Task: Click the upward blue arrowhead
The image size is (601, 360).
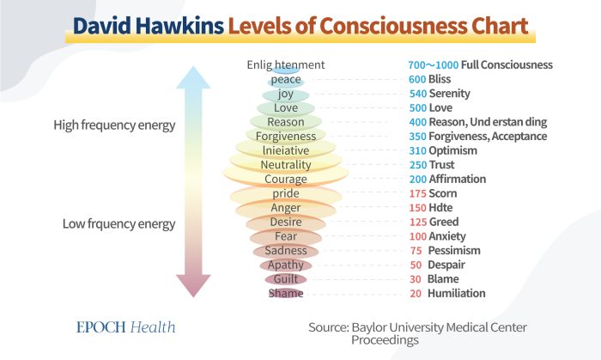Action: point(193,77)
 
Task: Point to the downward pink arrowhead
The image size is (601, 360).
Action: point(193,285)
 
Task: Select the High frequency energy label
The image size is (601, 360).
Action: point(114,125)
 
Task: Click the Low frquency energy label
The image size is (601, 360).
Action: point(118,224)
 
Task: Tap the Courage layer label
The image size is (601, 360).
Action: point(286,179)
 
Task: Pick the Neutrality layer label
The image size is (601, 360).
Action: point(286,165)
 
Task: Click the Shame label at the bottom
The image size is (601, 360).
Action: point(286,293)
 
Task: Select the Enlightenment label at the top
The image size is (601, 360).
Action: point(286,64)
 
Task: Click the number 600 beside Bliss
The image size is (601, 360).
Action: point(417,79)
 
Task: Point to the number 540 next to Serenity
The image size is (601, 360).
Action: point(418,94)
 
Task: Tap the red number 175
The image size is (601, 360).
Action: point(418,193)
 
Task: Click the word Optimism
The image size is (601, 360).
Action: point(453,150)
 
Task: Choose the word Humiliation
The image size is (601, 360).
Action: point(457,293)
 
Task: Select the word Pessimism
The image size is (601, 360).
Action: point(454,250)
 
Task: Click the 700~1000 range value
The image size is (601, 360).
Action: point(434,65)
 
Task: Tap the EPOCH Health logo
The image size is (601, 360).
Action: point(126,327)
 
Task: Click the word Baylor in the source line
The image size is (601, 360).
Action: point(368,328)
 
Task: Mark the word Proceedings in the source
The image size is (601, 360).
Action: point(385,340)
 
